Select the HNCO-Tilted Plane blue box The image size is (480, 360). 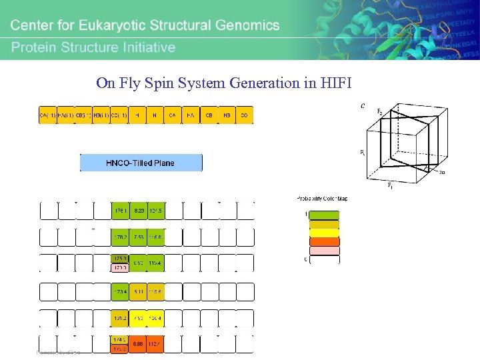click(x=141, y=163)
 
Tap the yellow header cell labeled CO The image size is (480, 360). click(x=244, y=115)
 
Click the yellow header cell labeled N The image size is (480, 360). click(x=154, y=115)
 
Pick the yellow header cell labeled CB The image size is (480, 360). click(x=208, y=115)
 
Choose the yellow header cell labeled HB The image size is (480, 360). click(x=226, y=115)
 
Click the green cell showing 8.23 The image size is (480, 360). click(x=139, y=211)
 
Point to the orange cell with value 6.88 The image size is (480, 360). click(x=139, y=344)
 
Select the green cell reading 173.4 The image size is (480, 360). click(x=120, y=291)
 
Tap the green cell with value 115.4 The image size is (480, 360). click(x=155, y=263)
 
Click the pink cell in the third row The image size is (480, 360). click(x=120, y=268)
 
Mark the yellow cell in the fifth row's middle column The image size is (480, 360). click(x=139, y=318)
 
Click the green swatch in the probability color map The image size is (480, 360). click(x=323, y=215)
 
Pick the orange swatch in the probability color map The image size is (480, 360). click(x=323, y=242)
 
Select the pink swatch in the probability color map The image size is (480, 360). click(x=323, y=251)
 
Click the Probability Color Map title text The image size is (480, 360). click(x=322, y=199)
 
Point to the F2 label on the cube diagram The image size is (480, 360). click(x=380, y=111)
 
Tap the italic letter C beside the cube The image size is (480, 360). click(x=363, y=105)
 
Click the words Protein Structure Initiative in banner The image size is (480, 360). click(x=93, y=47)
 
